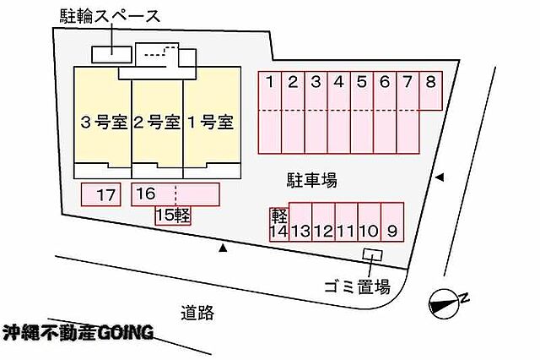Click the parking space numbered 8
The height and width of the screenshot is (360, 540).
tap(430, 90)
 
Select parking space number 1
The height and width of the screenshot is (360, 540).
tap(270, 112)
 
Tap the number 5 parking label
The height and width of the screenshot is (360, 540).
tap(362, 82)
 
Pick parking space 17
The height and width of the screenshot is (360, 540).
tap(101, 194)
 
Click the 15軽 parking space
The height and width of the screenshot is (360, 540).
tap(173, 215)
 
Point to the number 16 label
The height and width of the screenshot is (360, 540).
tap(146, 194)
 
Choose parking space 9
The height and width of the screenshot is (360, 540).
tap(392, 221)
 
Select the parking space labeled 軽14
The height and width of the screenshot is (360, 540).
tap(278, 224)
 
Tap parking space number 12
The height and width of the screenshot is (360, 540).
tap(323, 221)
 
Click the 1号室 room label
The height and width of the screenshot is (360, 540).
tap(211, 123)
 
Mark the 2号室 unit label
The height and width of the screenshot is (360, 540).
tap(157, 123)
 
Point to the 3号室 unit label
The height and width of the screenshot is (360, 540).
tap(104, 123)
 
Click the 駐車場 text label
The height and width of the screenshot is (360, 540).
tap(312, 180)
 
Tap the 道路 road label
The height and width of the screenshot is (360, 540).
tap(197, 314)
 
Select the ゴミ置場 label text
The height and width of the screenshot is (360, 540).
tap(358, 286)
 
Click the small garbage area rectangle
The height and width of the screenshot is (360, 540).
tap(372, 254)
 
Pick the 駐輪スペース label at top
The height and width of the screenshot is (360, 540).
tap(111, 16)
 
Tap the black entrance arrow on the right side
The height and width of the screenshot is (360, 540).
tap(440, 177)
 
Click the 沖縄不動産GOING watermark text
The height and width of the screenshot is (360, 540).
tap(78, 332)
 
